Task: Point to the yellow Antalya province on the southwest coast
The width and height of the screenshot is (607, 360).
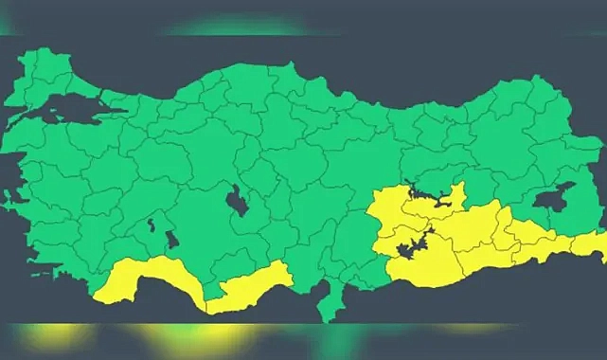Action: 142,280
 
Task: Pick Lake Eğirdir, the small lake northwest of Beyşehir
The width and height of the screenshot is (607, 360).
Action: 151,225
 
